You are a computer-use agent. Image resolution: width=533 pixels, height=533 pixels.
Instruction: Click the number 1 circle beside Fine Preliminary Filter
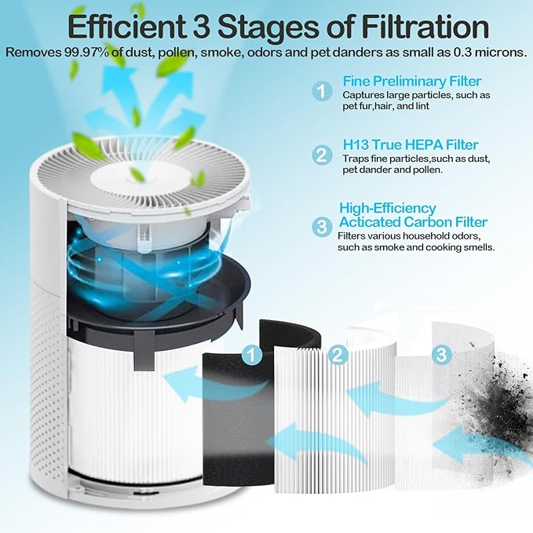[322, 91]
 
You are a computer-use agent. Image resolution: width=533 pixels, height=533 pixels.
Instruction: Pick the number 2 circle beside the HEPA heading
[322, 154]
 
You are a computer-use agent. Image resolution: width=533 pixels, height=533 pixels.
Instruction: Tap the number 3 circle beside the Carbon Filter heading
[322, 228]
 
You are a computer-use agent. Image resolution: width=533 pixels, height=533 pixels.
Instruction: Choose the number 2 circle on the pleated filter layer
[338, 355]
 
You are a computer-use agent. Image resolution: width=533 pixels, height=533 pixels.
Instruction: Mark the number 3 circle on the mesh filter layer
[442, 355]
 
